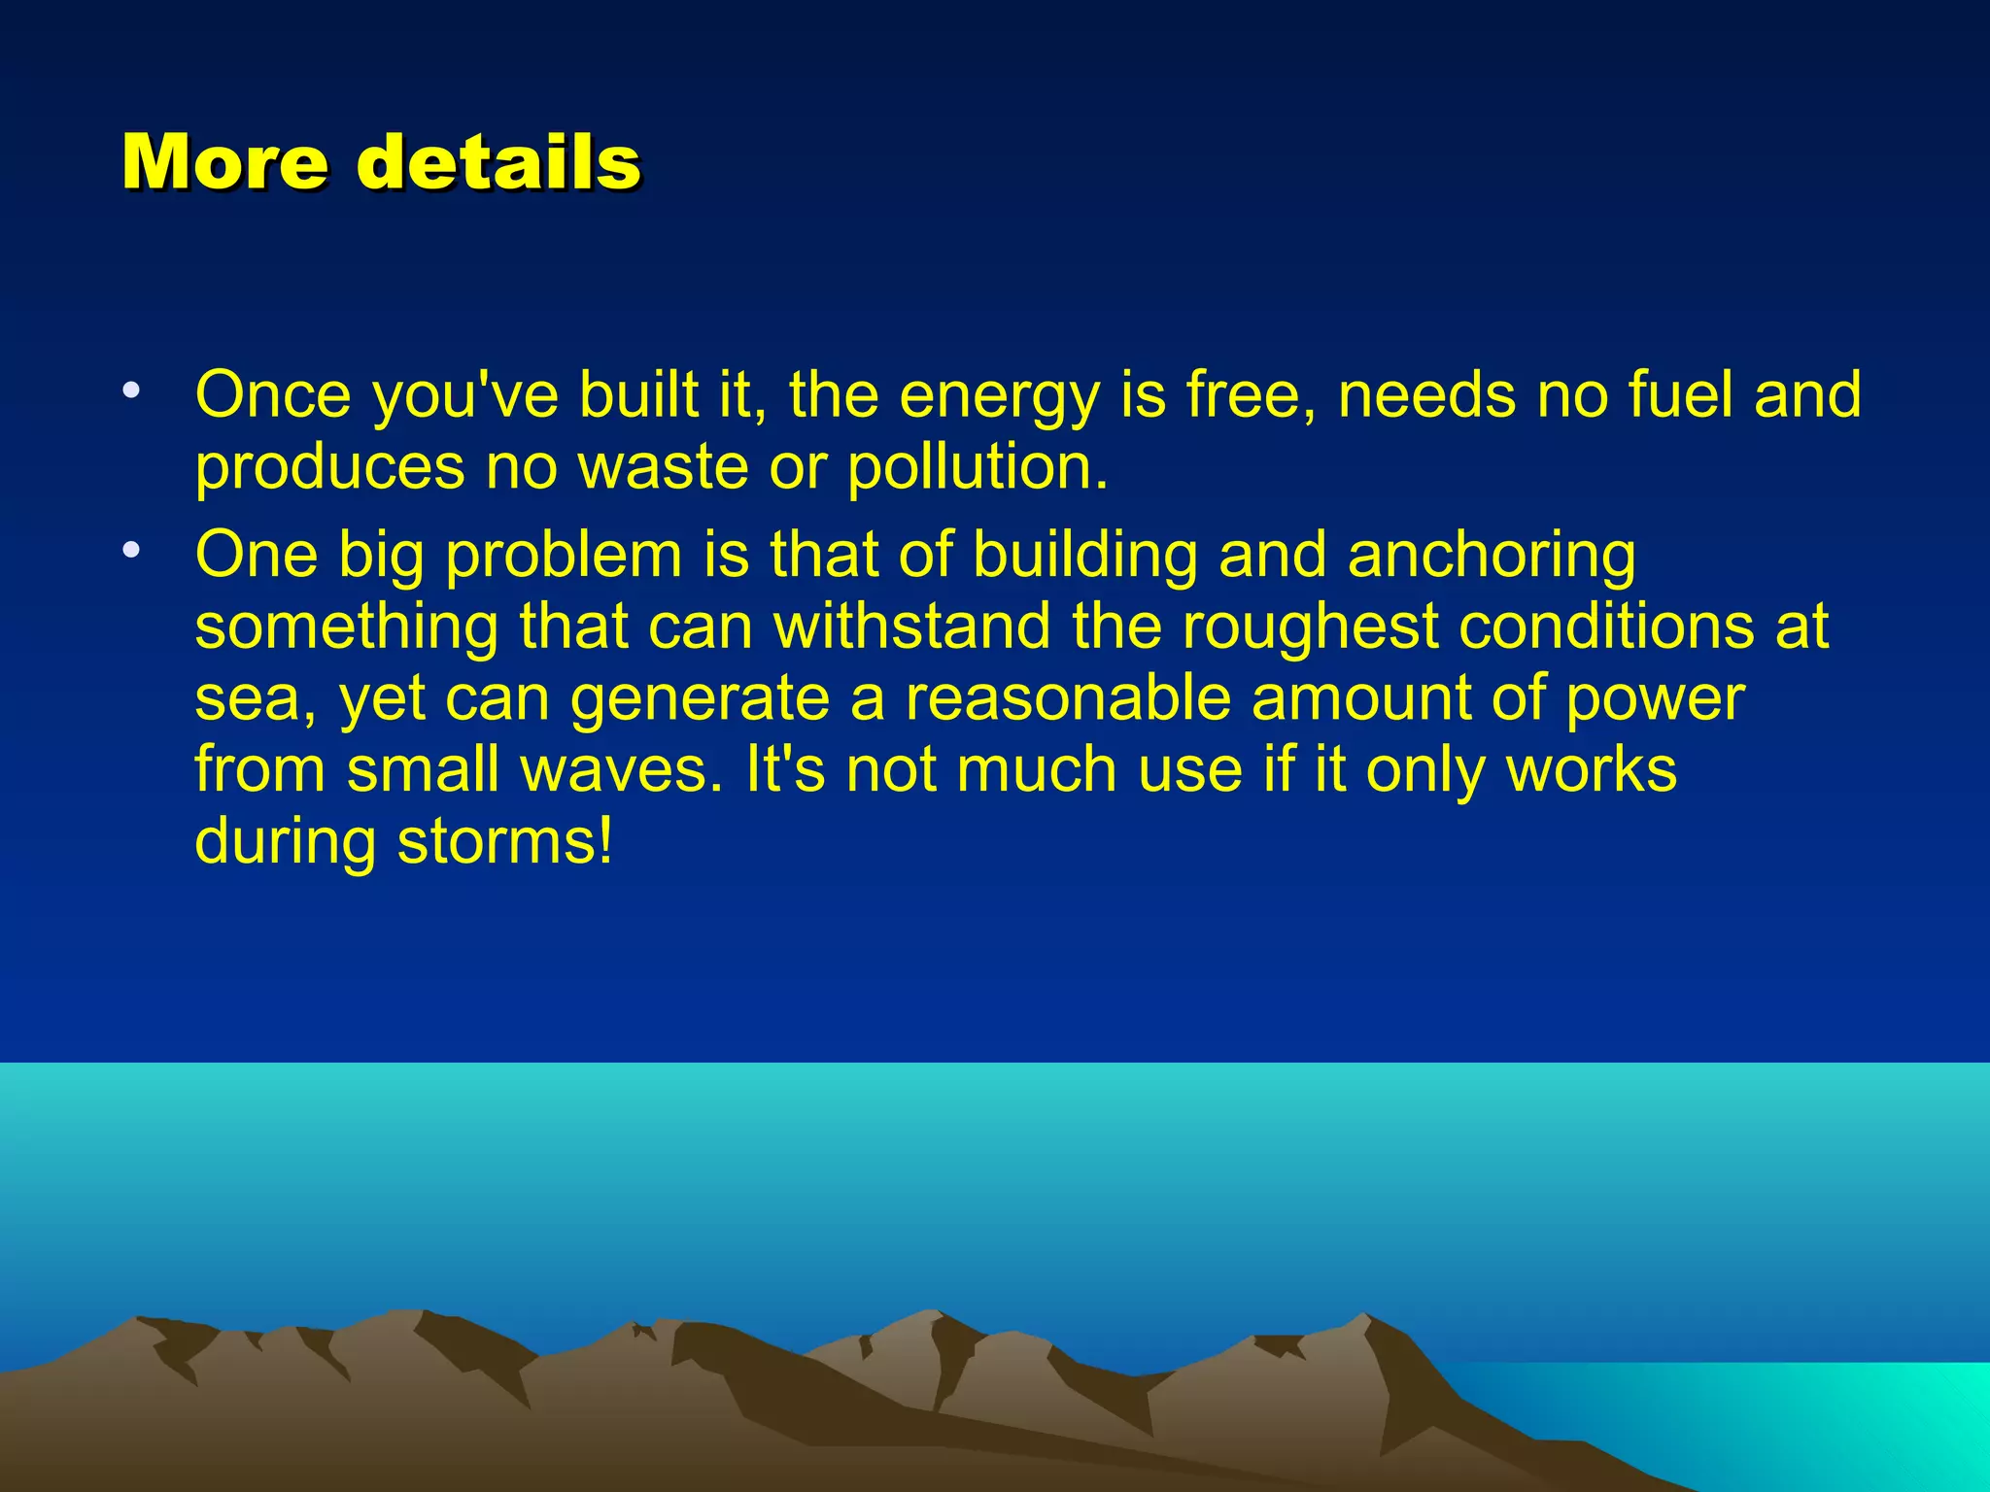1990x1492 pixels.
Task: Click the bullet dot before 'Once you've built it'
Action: [x=131, y=391]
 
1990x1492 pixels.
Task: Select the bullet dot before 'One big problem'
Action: [x=131, y=551]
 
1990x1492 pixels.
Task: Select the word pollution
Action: [x=976, y=468]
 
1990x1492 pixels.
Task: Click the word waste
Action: [x=664, y=468]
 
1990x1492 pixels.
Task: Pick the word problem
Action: [x=564, y=556]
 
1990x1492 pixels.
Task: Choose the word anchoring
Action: [x=1492, y=556]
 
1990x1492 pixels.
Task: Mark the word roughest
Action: [x=1310, y=627]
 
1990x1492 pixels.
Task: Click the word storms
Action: [x=505, y=841]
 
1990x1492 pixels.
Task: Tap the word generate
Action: [x=700, y=699]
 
